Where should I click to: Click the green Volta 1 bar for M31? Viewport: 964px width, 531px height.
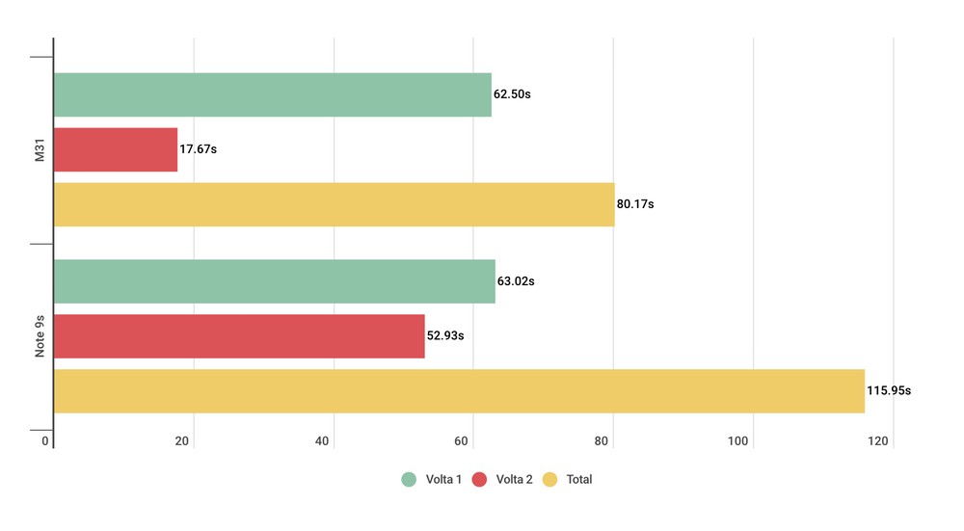click(x=272, y=94)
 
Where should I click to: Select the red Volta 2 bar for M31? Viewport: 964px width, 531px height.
click(x=116, y=149)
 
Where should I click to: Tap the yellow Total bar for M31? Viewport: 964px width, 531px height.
click(x=334, y=204)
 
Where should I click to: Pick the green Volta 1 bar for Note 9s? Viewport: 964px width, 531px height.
click(x=274, y=281)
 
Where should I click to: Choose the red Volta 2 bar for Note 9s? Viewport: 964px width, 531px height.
click(x=239, y=336)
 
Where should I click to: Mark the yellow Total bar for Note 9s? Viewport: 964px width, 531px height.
click(x=459, y=390)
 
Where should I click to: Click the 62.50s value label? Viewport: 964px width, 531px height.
click(x=514, y=95)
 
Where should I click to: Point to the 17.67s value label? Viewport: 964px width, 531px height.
click(x=200, y=150)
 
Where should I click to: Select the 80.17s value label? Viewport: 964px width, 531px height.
click(x=636, y=205)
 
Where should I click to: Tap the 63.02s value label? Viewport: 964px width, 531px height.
click(x=516, y=282)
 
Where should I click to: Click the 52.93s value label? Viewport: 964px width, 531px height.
click(x=446, y=337)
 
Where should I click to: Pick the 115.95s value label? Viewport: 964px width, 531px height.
click(x=890, y=391)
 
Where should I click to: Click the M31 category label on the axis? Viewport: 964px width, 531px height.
click(x=40, y=150)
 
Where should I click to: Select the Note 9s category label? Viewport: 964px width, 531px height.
click(x=40, y=336)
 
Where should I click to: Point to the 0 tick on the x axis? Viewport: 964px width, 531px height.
click(x=45, y=442)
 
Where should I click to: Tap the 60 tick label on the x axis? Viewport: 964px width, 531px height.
click(x=463, y=442)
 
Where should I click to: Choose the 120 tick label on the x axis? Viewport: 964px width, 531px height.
click(x=878, y=442)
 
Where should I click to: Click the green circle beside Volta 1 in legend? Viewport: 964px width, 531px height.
click(x=409, y=479)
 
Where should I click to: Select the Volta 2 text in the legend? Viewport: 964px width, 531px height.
click(x=514, y=479)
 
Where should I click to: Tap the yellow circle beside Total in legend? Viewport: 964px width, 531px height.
click(x=550, y=479)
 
